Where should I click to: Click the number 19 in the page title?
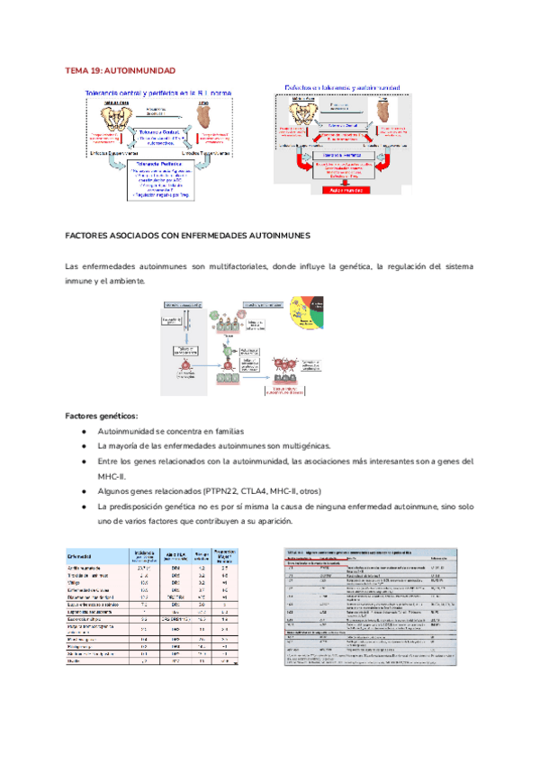click(96, 70)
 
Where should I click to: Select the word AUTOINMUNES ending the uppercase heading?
click(281, 235)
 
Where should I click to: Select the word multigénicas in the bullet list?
click(278, 446)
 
